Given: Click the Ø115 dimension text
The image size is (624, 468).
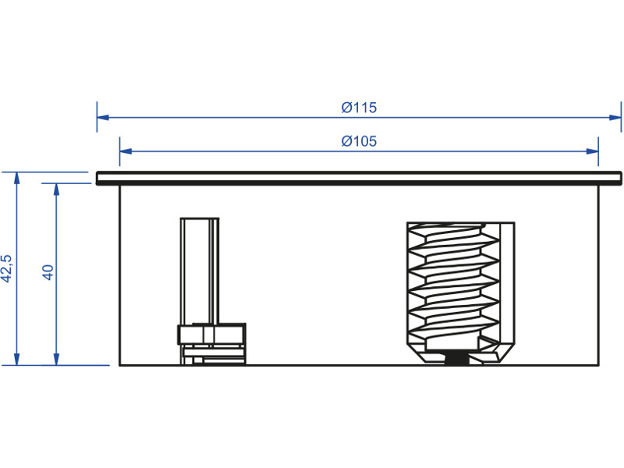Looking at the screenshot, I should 359,108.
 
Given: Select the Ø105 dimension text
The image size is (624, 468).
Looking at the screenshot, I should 359,140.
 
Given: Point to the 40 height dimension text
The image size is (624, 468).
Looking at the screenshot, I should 47,272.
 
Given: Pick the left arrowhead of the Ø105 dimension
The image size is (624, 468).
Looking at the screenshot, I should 125,151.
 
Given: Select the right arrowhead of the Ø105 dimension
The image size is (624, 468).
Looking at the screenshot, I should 593,151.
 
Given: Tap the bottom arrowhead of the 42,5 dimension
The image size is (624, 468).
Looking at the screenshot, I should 16,359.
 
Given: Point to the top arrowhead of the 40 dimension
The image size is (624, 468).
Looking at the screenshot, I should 55,189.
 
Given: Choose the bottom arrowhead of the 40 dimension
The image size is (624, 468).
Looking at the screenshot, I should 55,359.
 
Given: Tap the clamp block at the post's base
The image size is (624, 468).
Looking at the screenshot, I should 212,335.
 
